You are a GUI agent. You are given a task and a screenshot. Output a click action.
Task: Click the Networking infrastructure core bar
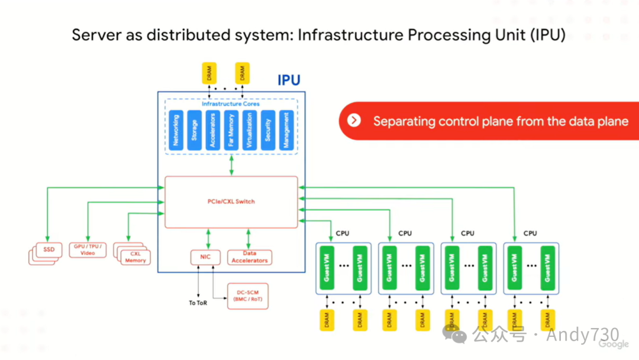click(x=175, y=130)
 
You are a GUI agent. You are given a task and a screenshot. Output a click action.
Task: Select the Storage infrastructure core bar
click(x=193, y=130)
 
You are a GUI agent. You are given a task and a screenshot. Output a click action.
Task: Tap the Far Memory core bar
click(x=231, y=130)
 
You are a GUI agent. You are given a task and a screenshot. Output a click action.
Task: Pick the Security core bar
click(x=267, y=130)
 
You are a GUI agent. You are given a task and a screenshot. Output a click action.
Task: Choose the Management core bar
click(x=286, y=130)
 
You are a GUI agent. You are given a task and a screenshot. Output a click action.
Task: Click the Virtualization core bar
click(x=249, y=130)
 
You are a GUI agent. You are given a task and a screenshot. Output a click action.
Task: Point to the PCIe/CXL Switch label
click(x=231, y=202)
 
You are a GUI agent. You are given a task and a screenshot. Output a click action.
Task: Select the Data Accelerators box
click(x=249, y=257)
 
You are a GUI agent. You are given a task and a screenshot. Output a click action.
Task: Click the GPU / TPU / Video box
click(x=88, y=250)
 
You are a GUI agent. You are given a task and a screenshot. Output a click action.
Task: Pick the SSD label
click(x=49, y=250)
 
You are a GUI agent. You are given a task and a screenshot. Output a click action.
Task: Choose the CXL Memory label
click(x=135, y=257)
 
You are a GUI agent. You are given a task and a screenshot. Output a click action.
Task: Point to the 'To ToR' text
click(x=198, y=303)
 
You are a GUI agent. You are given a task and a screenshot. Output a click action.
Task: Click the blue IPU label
click(x=289, y=81)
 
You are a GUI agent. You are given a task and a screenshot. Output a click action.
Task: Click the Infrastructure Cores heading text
click(x=230, y=104)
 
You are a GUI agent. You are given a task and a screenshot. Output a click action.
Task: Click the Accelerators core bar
click(x=212, y=130)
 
